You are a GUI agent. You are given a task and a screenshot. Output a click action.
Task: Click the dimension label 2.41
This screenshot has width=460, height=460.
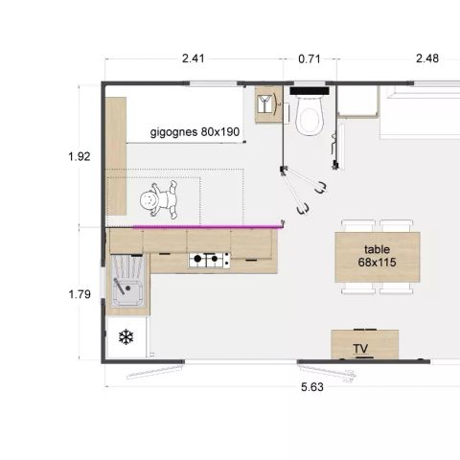point(193,58)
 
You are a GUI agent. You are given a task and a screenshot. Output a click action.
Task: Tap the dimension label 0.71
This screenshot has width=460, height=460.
point(309,58)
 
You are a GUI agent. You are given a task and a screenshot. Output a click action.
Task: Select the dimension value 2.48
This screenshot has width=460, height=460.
point(426,58)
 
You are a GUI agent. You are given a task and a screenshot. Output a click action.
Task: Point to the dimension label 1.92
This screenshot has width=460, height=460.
point(80,156)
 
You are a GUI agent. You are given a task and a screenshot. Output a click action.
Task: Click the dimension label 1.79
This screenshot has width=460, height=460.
point(80,294)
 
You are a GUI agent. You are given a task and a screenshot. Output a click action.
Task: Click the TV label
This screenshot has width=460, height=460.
point(361,348)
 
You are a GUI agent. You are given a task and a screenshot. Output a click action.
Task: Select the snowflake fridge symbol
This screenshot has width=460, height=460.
point(125,337)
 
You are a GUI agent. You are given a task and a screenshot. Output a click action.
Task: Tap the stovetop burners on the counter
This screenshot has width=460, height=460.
point(209,258)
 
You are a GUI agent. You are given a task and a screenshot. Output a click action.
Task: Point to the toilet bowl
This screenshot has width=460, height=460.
point(309,120)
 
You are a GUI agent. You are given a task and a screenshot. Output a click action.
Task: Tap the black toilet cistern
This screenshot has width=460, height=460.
point(309,92)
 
